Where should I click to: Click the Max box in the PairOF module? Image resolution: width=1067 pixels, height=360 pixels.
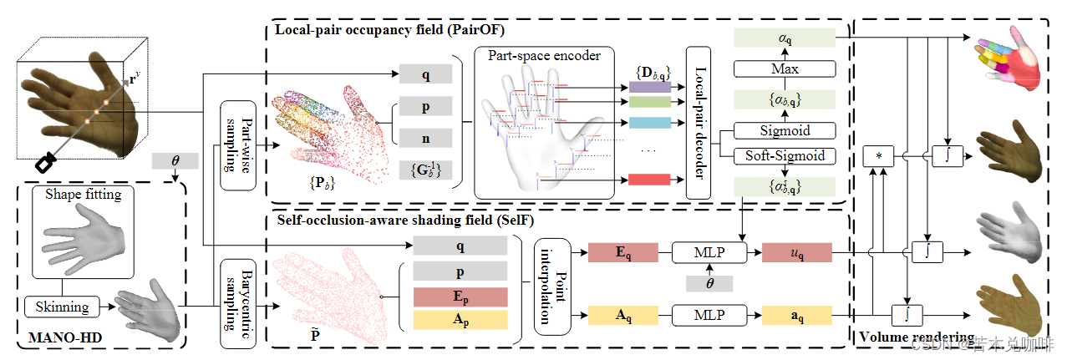click(x=784, y=68)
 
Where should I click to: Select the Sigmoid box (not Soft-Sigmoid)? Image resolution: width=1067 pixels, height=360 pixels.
click(x=784, y=130)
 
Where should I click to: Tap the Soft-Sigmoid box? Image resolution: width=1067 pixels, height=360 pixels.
click(x=784, y=155)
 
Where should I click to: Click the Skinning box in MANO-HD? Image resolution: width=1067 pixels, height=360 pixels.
click(x=62, y=307)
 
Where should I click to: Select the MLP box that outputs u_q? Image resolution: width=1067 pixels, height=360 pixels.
click(x=709, y=251)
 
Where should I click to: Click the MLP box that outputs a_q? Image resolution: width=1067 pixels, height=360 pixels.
click(x=709, y=315)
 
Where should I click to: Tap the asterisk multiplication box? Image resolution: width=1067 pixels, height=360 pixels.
click(x=878, y=156)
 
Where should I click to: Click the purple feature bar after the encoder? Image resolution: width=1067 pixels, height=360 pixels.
click(x=648, y=86)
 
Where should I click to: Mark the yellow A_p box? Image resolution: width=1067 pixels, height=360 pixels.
click(x=460, y=321)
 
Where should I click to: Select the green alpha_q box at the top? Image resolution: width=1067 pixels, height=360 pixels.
click(x=784, y=38)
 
